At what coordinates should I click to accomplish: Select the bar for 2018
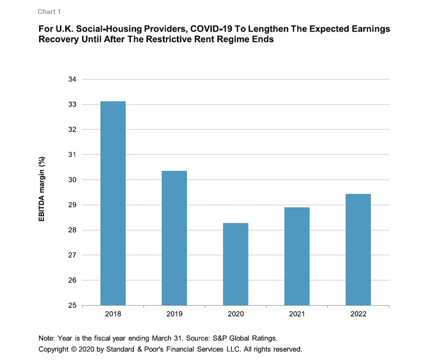(x=113, y=203)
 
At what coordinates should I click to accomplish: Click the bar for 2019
(x=174, y=238)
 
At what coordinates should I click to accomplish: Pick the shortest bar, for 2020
(x=235, y=264)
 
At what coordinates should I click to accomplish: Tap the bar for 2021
(x=297, y=256)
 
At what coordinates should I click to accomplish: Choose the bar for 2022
(x=358, y=249)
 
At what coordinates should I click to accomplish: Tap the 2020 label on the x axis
(x=235, y=315)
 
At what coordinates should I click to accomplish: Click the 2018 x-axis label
(x=113, y=315)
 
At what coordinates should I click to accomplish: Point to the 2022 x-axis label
(x=358, y=315)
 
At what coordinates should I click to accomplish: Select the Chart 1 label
(x=49, y=12)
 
